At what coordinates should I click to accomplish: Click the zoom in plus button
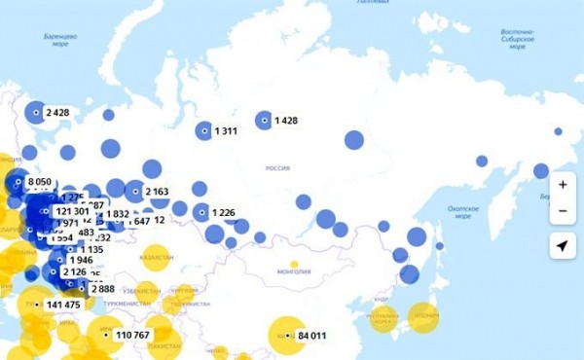[562, 184]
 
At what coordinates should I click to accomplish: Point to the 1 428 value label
[285, 121]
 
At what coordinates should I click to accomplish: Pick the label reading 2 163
[157, 192]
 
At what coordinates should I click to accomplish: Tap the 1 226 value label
[223, 213]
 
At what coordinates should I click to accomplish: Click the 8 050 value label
[39, 182]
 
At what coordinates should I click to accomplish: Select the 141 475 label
[63, 306]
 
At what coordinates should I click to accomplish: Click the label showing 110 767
[131, 336]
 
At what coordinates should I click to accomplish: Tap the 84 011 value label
[311, 337]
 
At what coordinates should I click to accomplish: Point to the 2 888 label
[103, 289]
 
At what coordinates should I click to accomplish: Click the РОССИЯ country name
[278, 168]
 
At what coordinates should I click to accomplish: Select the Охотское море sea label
[461, 212]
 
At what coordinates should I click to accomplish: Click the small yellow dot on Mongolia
[293, 264]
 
